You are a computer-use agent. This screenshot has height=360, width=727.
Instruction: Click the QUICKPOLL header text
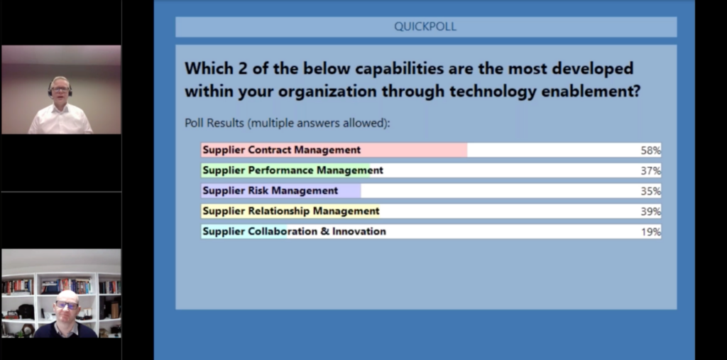(425, 26)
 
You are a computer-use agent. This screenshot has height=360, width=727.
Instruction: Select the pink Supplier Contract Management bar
(334, 150)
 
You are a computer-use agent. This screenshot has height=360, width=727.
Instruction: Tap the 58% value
(650, 151)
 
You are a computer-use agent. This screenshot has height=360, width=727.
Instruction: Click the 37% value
(650, 170)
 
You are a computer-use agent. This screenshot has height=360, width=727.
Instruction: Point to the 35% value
(650, 191)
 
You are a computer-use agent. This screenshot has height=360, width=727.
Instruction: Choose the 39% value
(650, 212)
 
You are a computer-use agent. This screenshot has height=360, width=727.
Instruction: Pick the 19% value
(650, 232)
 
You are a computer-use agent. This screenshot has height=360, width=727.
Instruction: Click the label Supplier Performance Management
(293, 170)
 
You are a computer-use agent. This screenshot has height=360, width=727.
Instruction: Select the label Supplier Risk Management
(270, 191)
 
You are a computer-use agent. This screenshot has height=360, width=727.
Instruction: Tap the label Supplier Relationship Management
(291, 211)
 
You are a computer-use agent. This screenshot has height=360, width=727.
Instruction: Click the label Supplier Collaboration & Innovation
(295, 231)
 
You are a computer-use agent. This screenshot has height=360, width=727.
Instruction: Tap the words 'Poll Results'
(214, 123)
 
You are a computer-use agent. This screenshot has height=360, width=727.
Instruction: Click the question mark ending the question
(635, 90)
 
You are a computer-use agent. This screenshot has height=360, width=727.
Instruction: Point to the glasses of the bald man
(67, 305)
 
